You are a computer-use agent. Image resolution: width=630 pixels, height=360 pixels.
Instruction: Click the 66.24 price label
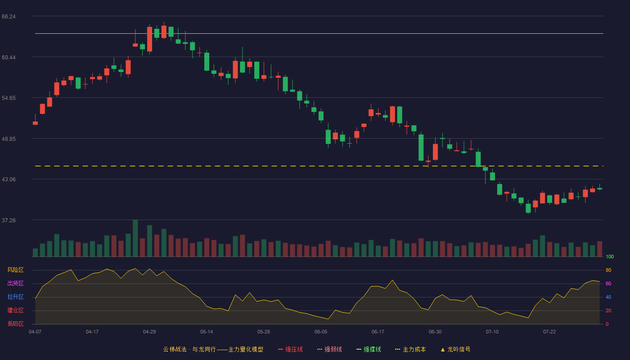(9, 17)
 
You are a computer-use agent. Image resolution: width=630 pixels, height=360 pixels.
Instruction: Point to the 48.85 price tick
(9, 139)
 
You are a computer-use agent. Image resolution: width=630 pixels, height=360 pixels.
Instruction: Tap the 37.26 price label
(9, 220)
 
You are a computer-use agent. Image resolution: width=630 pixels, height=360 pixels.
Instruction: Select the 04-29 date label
(149, 332)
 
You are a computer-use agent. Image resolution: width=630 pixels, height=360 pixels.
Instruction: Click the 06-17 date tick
(378, 332)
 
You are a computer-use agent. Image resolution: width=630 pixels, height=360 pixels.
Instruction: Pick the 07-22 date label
(549, 332)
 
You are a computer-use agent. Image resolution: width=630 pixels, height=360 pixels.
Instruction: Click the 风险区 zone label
(15, 270)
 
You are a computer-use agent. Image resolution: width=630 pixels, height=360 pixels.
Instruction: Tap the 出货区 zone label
(15, 283)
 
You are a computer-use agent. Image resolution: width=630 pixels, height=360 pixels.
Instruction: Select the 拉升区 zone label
(15, 297)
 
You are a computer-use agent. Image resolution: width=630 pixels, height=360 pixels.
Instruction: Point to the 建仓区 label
(15, 310)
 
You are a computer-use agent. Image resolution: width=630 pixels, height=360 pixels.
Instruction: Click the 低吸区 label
(15, 324)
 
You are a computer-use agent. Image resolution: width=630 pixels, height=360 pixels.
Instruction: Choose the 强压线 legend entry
(291, 349)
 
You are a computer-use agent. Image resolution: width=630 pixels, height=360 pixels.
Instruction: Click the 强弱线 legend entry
(329, 349)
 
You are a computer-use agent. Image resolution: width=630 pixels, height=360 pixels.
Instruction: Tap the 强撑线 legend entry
(369, 349)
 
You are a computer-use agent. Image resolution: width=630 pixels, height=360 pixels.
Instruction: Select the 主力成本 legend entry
(410, 349)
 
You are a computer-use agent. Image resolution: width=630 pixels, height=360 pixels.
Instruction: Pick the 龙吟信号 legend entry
(455, 349)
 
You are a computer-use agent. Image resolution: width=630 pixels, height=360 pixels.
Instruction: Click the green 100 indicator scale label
(610, 256)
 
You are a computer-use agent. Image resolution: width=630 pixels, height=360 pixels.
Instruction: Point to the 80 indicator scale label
(608, 270)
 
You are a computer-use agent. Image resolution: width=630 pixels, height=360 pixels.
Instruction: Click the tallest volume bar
(135, 238)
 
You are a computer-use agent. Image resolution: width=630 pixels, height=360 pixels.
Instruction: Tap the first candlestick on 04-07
(35, 123)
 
